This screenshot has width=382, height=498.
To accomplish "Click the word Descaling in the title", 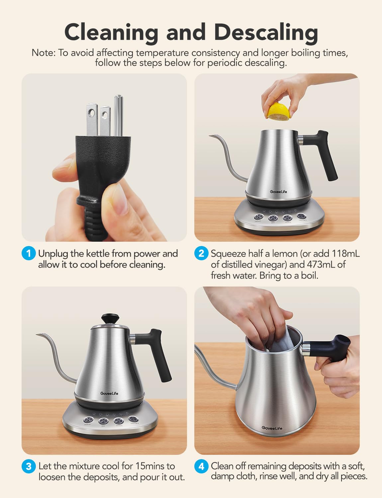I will point(266,33).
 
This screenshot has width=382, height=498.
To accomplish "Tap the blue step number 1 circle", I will point(29,254).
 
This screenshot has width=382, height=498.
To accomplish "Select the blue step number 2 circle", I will point(201,254).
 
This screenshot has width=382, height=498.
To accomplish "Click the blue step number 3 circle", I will point(29,466).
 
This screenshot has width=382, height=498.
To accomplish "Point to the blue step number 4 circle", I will point(201,466).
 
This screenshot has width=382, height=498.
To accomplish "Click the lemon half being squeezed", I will point(279,112).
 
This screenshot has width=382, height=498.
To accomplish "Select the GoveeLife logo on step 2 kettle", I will point(278,192).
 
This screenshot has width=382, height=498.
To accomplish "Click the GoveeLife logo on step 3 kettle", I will point(109,393).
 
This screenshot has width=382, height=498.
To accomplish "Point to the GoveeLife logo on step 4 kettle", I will point(272,428).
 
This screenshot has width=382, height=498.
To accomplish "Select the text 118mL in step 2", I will point(345,254).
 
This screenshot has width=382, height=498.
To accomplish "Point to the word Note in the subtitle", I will point(43,53).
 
